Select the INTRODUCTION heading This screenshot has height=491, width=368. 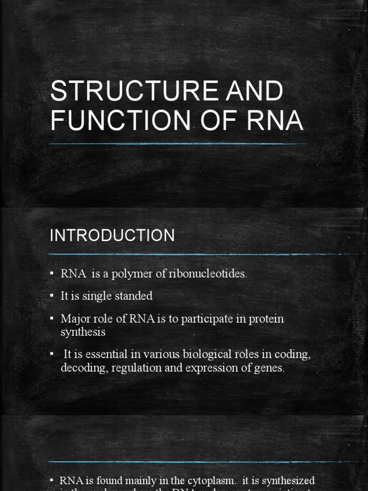(113, 235)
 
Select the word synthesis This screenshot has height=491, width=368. (83, 331)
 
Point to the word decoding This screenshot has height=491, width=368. (81, 368)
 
